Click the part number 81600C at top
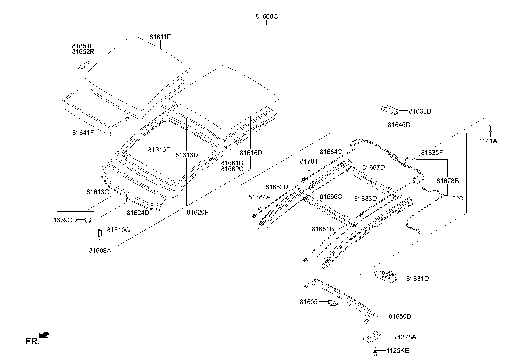click(x=266, y=17)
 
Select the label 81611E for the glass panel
click(x=160, y=37)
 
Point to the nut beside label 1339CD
click(x=88, y=220)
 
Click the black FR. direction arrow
click(x=44, y=335)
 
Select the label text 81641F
click(x=83, y=133)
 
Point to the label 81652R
click(x=83, y=52)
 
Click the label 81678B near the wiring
click(x=447, y=181)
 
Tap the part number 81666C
click(x=331, y=196)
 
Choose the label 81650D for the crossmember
click(x=400, y=316)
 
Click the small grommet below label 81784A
click(x=259, y=207)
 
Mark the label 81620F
click(x=197, y=212)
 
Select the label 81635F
click(x=432, y=153)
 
